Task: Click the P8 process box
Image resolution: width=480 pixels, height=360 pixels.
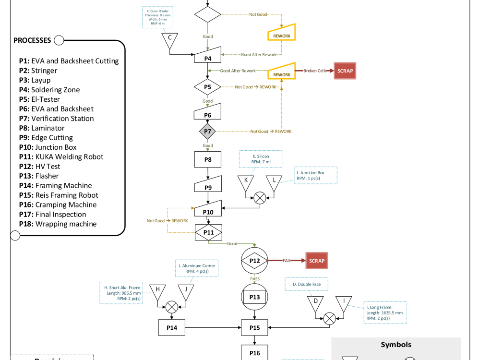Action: click(x=207, y=159)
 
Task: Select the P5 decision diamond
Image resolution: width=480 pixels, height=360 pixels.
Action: click(x=207, y=87)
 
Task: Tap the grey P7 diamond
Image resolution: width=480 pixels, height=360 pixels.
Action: click(x=207, y=131)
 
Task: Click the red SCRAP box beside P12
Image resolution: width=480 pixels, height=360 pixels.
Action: click(x=317, y=261)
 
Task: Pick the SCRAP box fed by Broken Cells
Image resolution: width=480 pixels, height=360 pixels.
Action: click(x=345, y=71)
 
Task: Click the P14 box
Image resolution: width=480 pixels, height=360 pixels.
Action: click(x=172, y=327)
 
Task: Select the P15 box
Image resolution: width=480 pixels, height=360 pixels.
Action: click(x=255, y=327)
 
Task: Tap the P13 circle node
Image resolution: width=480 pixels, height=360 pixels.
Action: click(x=255, y=297)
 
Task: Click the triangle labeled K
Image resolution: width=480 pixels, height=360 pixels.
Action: click(x=246, y=181)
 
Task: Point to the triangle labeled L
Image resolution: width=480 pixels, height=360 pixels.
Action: click(x=274, y=181)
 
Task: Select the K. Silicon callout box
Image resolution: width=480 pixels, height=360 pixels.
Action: click(x=261, y=159)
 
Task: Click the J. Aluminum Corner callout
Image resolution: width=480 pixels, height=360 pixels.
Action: click(x=197, y=268)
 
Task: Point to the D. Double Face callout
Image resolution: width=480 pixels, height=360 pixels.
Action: click(x=306, y=284)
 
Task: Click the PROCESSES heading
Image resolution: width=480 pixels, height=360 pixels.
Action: click(x=32, y=40)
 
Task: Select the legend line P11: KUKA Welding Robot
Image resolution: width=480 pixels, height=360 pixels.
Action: click(x=61, y=157)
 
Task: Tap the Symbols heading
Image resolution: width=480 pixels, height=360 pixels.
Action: click(x=396, y=345)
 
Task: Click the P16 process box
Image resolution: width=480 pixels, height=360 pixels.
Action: click(x=255, y=353)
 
